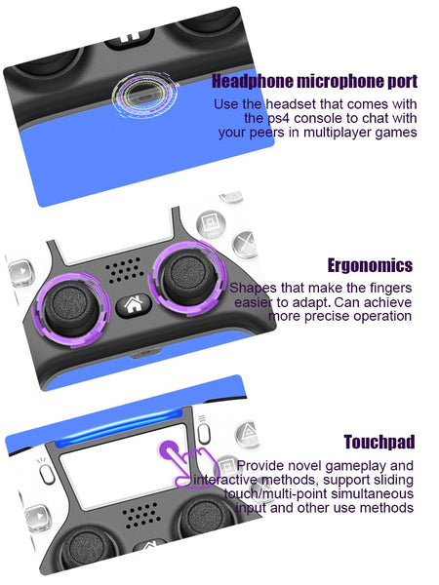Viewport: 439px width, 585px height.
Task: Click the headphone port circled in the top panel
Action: click(143, 95)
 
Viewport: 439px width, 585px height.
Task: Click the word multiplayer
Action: click(338, 133)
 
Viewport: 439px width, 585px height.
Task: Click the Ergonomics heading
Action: click(370, 265)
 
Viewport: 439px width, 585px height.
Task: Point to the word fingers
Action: click(390, 288)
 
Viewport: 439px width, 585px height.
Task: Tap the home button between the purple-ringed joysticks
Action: click(134, 305)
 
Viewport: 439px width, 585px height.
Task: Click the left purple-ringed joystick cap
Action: click(71, 307)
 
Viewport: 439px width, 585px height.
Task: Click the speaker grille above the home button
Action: click(124, 269)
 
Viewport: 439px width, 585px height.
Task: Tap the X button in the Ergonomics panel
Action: click(245, 245)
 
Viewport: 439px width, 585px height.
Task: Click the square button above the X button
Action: click(211, 224)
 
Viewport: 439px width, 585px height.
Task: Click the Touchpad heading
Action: click(379, 442)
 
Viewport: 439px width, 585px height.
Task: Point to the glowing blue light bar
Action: click(119, 428)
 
